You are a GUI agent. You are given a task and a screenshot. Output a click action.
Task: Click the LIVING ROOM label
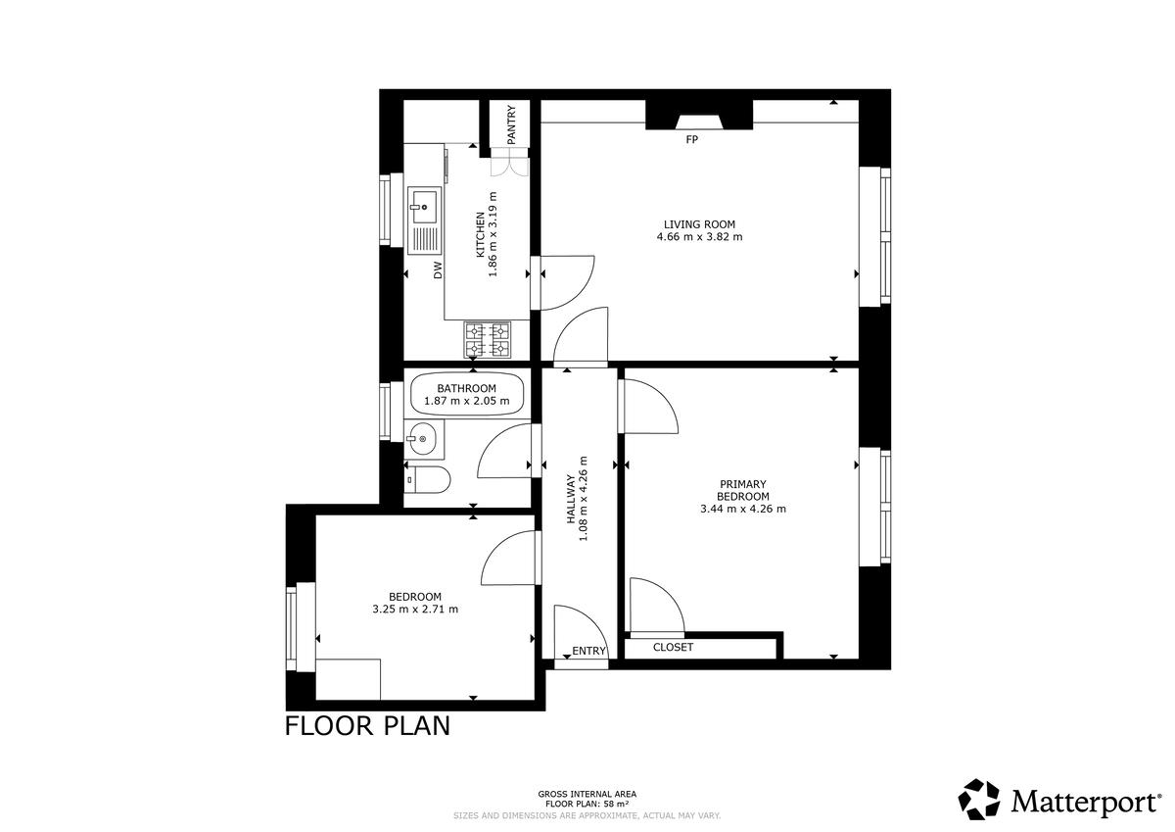pos(699,224)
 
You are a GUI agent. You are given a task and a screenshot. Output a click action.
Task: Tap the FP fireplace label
pos(692,139)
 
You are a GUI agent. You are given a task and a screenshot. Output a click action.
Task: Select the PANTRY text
pos(511,124)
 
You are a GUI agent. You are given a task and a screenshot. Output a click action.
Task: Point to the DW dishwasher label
pos(438,269)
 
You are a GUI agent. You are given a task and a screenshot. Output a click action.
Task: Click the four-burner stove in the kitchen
pos(488,340)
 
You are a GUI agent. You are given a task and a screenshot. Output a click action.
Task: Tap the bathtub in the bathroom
pos(467,395)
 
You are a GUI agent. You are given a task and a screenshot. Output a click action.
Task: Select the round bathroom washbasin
pos(423,438)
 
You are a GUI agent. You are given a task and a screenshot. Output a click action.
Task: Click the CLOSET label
pos(673,647)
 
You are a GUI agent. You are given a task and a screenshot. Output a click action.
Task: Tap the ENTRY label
pos(588,651)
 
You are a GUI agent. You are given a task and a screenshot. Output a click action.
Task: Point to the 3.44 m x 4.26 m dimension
pos(743,509)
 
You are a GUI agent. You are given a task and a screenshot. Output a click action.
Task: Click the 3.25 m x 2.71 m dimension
pos(415,610)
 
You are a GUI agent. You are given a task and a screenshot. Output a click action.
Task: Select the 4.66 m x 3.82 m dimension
pos(699,237)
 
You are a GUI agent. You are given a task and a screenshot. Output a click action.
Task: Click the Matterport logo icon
pos(979,800)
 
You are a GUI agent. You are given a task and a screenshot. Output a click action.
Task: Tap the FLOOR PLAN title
pos(367,726)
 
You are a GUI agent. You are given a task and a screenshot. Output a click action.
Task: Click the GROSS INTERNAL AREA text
pos(587,794)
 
